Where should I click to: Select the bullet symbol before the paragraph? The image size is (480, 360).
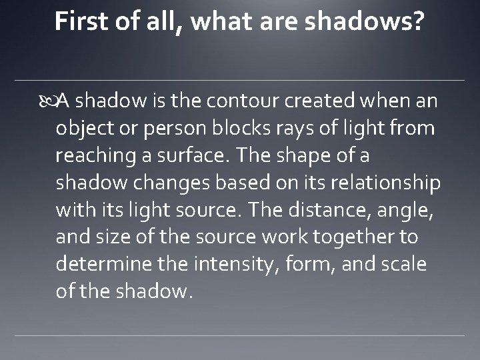pyautogui.click(x=49, y=101)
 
